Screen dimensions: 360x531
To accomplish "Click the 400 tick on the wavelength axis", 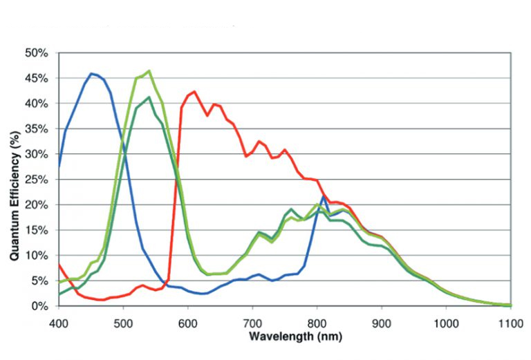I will pos(58,323).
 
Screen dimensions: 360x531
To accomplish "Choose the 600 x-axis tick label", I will pos(187,323).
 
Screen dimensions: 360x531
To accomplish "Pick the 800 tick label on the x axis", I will pos(317,323).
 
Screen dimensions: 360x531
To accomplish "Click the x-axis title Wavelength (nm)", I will pos(286,337).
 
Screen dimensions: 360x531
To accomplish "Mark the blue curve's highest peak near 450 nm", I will pos(91,73).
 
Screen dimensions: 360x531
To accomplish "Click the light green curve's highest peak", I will pos(149,70).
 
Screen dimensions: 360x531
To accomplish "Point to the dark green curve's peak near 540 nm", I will pos(149,97).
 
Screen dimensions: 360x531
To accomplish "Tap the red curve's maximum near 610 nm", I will pos(194,91).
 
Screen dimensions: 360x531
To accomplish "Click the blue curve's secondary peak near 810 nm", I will pos(324,197).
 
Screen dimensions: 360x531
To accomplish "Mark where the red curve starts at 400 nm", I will pos(59,265).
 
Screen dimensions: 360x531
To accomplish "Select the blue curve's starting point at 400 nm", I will pos(59,167).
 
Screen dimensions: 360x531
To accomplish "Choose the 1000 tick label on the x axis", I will pos(446,323).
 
